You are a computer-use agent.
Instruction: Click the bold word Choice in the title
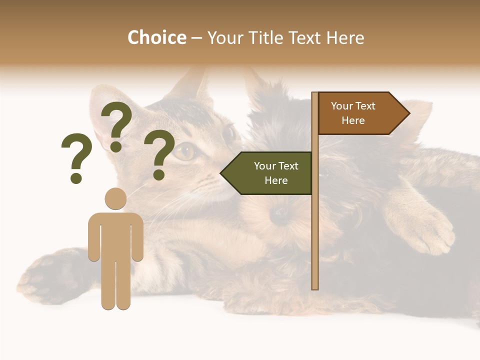pos(156,37)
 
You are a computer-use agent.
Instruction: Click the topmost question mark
pos(116,125)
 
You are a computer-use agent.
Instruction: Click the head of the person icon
pos(115,198)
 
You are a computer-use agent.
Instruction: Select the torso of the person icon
pos(115,235)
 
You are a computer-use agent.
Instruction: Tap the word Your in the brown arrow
pos(342,106)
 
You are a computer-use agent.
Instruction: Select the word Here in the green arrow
pos(276,180)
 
